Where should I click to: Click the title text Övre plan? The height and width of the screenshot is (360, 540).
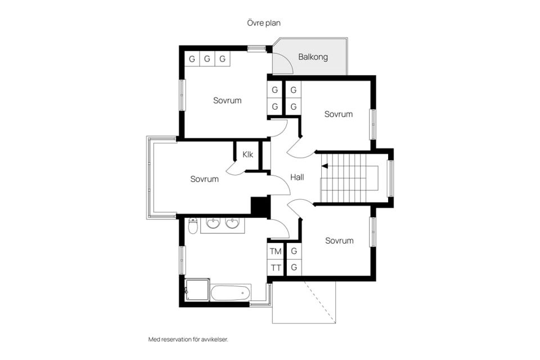[264, 23]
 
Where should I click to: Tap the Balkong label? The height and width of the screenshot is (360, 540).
[313, 57]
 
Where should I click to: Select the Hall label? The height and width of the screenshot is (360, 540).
[297, 177]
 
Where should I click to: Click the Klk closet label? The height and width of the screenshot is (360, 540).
[247, 154]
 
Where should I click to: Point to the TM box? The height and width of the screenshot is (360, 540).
[276, 251]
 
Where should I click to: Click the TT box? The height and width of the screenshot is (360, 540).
[276, 268]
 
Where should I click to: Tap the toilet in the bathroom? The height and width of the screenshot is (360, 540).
[193, 226]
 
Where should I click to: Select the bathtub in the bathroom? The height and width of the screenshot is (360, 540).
[231, 293]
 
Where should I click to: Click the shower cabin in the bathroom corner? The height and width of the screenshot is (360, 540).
[197, 290]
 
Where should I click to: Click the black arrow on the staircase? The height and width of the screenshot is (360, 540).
[325, 166]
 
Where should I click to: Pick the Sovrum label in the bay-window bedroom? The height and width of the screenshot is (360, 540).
[204, 179]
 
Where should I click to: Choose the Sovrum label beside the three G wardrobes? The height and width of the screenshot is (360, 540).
[227, 101]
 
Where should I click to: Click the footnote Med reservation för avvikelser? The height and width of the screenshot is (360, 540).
[188, 339]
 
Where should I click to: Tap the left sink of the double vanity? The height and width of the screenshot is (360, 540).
[213, 224]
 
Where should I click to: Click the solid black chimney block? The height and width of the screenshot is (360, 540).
[260, 206]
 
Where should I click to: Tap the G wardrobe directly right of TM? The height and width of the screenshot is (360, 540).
[294, 251]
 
